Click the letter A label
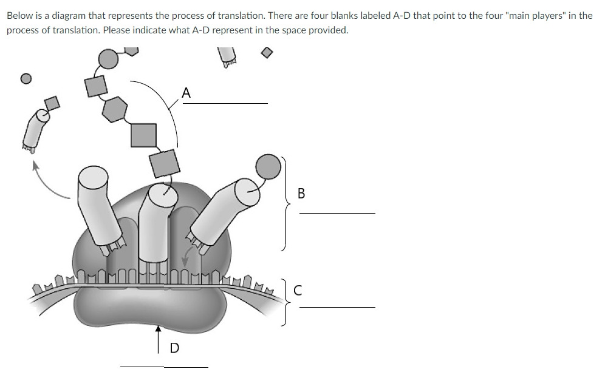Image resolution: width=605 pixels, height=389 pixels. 186,93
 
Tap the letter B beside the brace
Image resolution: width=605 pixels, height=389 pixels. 302,194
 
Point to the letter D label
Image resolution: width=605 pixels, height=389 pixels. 174,348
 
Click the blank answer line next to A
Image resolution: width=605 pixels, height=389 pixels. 225,103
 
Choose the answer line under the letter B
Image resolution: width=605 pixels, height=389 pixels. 337,213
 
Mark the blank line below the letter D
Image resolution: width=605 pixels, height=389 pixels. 163,367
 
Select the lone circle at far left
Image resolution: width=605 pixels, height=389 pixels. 26,78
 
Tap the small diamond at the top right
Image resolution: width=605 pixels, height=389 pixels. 267,53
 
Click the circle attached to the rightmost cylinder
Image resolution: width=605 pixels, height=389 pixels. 268,165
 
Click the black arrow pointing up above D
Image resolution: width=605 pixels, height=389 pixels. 159,337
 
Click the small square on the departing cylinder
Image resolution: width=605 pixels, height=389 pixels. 53,103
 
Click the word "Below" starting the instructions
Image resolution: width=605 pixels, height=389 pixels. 19,15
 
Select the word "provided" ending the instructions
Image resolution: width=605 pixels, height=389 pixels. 330,30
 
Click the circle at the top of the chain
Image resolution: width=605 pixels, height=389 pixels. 108,59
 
